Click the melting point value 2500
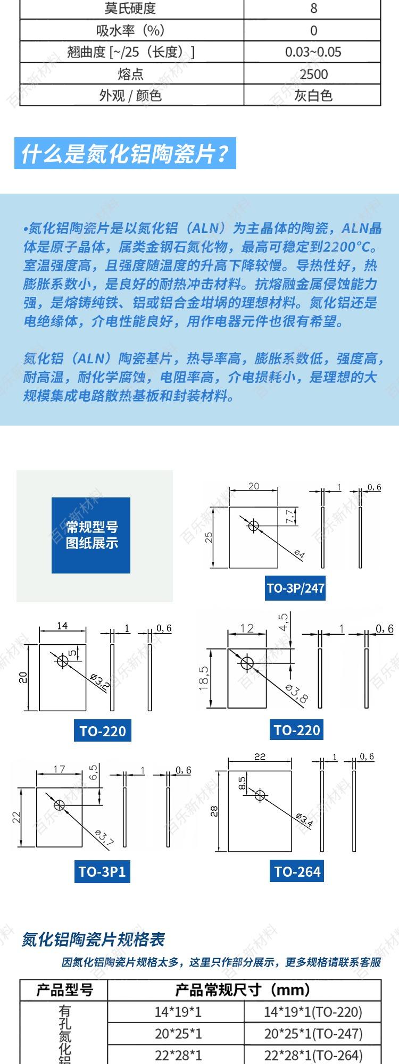[x=313, y=74]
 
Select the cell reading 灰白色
[x=313, y=96]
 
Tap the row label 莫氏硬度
[x=130, y=9]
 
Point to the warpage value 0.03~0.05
[x=313, y=52]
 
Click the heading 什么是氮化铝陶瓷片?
[x=125, y=154]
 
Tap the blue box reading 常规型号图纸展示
[x=91, y=535]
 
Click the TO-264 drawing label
[x=297, y=871]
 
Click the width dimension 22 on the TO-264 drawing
[x=260, y=757]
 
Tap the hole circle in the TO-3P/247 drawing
[x=253, y=526]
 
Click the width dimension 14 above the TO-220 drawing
[x=62, y=626]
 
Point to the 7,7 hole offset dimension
[x=290, y=517]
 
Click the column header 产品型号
[x=64, y=990]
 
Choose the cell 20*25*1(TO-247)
[x=313, y=1034]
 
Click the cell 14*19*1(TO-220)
[x=313, y=1012]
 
